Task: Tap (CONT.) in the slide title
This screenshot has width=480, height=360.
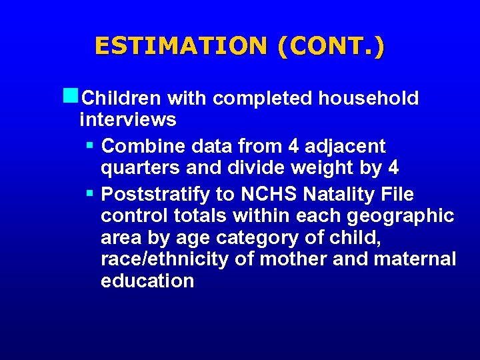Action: tap(331, 46)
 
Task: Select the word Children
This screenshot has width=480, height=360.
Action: tap(120, 99)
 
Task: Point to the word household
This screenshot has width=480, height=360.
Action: tap(368, 99)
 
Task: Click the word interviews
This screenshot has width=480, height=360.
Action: tap(128, 120)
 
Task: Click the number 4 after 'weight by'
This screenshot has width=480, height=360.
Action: tap(393, 168)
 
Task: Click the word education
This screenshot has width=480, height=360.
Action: tap(147, 281)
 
